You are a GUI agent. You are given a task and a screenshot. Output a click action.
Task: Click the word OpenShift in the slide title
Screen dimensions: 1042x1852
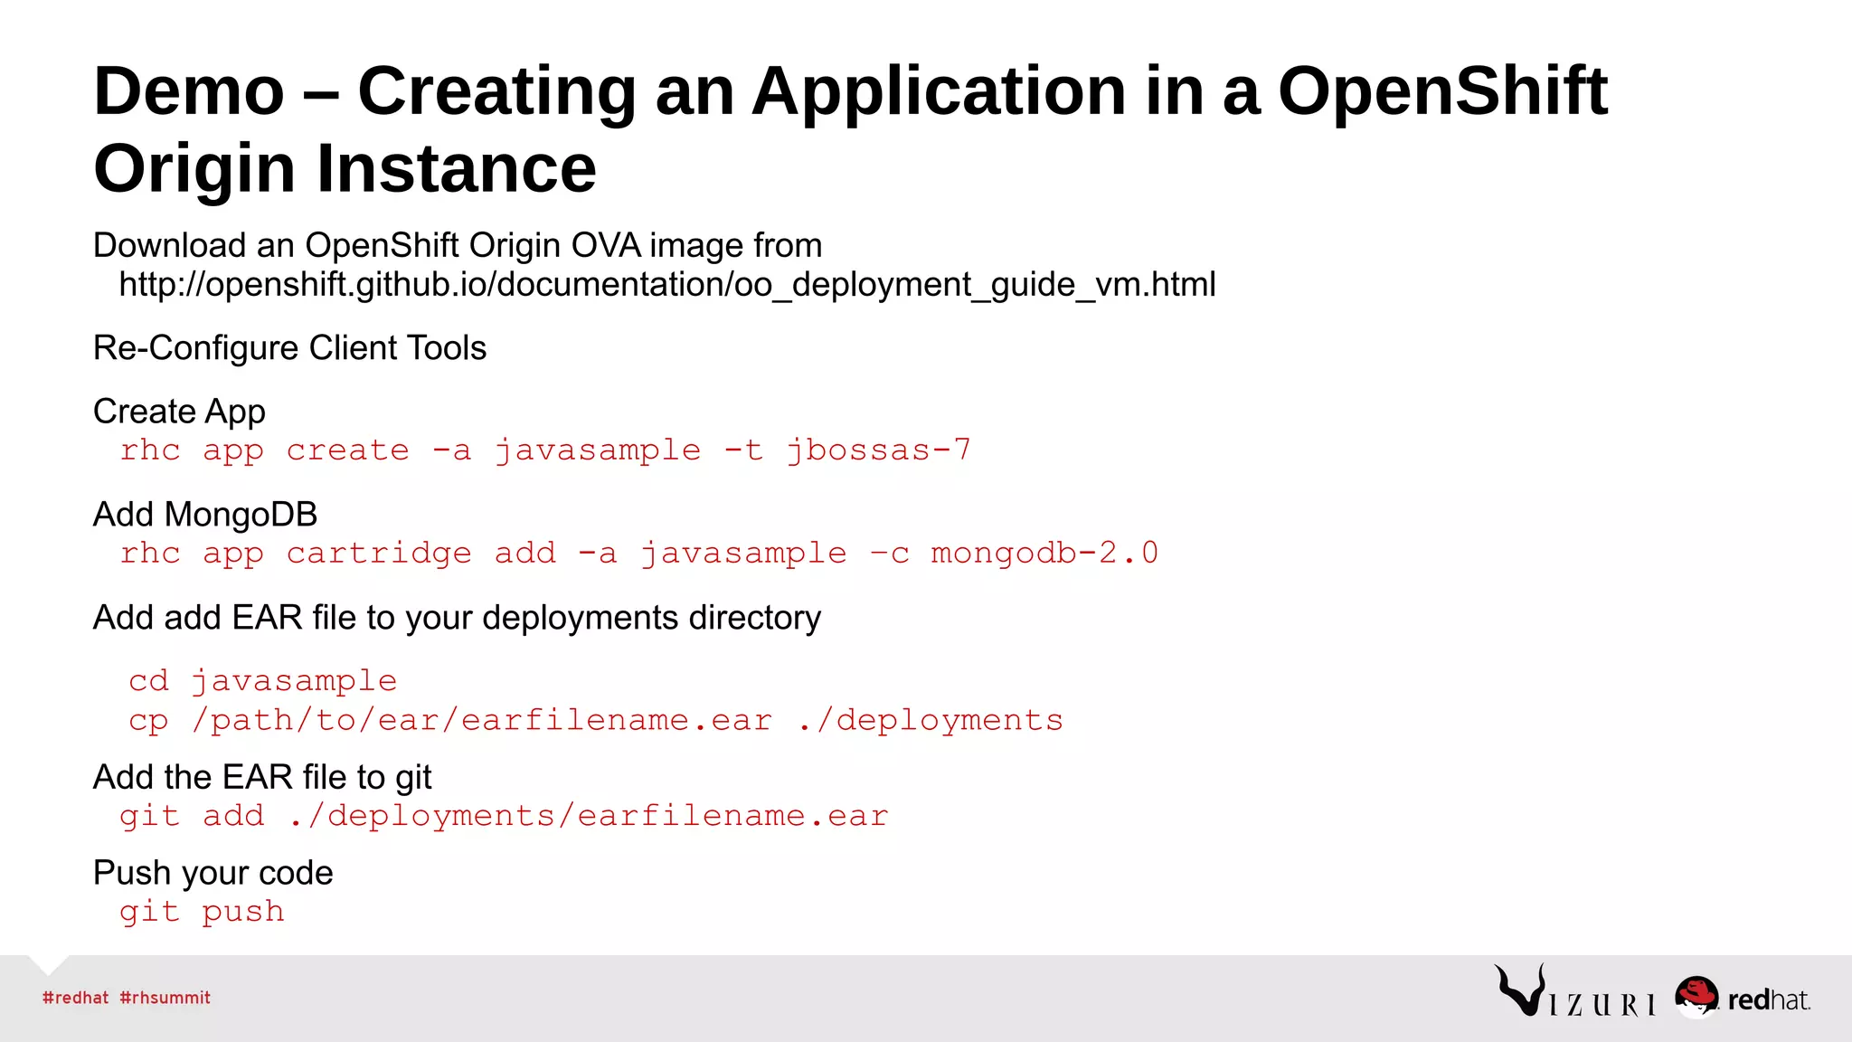tap(1442, 91)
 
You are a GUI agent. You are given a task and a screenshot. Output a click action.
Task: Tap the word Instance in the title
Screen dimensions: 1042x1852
tap(456, 169)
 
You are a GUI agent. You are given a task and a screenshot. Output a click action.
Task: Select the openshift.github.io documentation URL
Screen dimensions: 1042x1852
tap(667, 285)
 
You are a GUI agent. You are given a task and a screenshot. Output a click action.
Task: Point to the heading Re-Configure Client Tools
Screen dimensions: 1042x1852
tap(289, 348)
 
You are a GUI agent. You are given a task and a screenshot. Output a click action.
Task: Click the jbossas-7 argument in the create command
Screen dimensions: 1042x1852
tap(878, 450)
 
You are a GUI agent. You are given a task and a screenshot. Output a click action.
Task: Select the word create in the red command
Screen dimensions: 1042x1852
tap(347, 450)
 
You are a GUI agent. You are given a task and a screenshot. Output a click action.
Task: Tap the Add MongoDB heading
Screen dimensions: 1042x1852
tap(205, 515)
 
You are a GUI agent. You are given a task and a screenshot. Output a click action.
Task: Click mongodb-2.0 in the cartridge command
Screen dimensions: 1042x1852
tap(1044, 554)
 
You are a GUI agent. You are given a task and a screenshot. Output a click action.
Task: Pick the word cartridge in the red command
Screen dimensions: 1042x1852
tap(379, 554)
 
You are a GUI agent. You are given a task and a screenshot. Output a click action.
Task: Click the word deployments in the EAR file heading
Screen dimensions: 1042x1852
tap(580, 618)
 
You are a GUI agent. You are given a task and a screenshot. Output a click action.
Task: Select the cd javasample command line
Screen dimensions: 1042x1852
tap(262, 681)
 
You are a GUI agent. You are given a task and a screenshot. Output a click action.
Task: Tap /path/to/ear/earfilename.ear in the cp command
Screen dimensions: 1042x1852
tap(482, 721)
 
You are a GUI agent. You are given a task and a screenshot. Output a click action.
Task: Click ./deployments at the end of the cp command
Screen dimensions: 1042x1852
tap(931, 721)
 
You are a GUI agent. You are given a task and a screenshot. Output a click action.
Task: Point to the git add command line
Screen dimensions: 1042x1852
tap(504, 817)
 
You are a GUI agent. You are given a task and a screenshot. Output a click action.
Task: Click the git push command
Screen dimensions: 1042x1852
tap(202, 912)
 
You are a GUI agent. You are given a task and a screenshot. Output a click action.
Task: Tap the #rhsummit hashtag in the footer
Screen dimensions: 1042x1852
tap(165, 998)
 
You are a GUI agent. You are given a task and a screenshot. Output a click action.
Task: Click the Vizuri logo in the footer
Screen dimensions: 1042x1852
tap(1574, 992)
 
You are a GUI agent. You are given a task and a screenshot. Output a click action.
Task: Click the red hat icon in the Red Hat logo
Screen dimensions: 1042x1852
tap(1696, 995)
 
